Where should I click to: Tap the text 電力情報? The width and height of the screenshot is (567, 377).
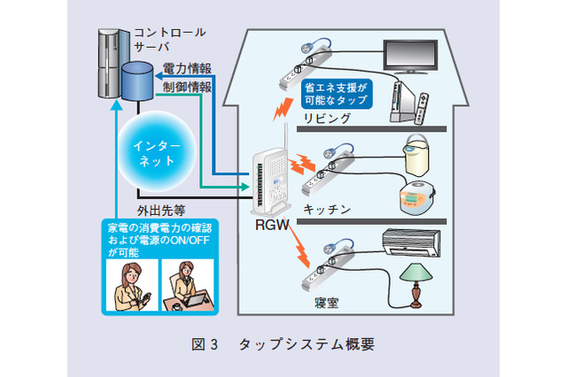(187, 68)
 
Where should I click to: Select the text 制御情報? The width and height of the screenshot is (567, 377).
(187, 88)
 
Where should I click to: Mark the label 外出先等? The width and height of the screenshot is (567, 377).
(161, 211)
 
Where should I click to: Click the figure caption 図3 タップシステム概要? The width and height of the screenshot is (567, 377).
(283, 345)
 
